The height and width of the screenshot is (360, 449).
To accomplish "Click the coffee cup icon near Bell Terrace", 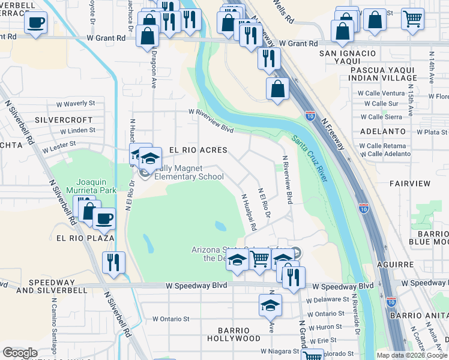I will pyautogui.click(x=35, y=23).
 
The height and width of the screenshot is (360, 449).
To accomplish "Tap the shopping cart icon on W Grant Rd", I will pyautogui.click(x=412, y=19).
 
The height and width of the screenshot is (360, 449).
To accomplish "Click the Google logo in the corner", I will pyautogui.click(x=20, y=352).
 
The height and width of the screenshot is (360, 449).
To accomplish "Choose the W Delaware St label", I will pyautogui.click(x=327, y=299).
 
